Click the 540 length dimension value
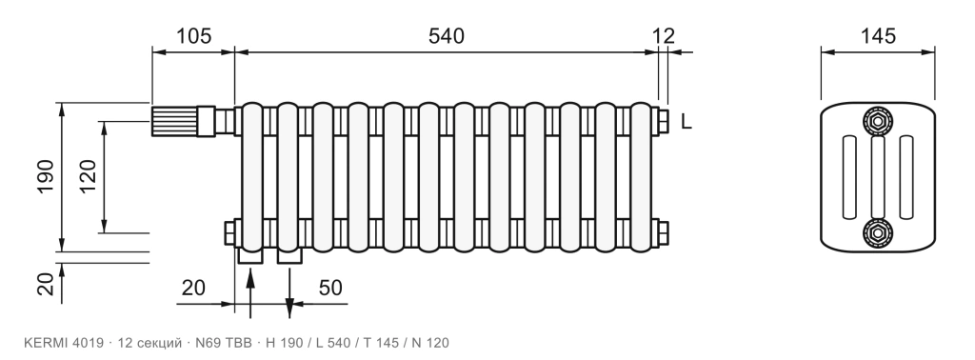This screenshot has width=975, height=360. click(446, 36)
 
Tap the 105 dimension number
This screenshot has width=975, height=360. click(194, 36)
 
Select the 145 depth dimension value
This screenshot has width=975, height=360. click(878, 36)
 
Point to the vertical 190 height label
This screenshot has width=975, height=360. click(46, 176)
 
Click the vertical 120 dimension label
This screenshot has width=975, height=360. click(88, 176)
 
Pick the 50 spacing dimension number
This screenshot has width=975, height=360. click(330, 288)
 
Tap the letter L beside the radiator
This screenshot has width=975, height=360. click(686, 122)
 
